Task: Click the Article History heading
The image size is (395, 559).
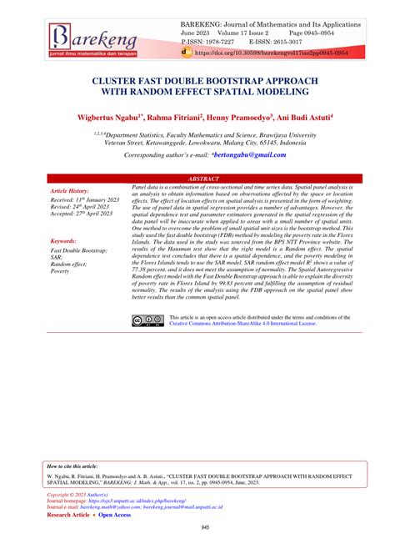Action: coord(75,191)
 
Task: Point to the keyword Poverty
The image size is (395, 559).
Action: coord(61,272)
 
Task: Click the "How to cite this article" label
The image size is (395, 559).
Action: coord(72,466)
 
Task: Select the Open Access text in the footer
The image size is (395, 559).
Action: coord(115,516)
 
